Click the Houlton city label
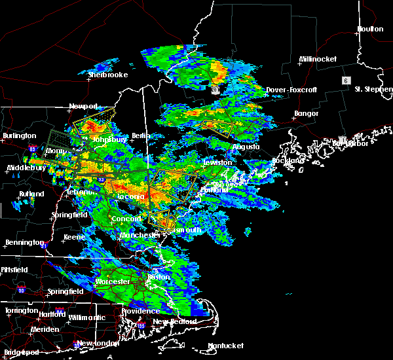pos(370,29)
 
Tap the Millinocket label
pos(318,59)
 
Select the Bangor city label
pos(306,114)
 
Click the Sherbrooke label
pos(107,75)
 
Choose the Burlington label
pos(20,135)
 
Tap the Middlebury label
pos(25,168)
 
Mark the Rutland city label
pos(31,194)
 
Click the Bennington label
pos(24,243)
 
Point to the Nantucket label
pos(226,346)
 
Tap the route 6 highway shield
pos(345,80)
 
